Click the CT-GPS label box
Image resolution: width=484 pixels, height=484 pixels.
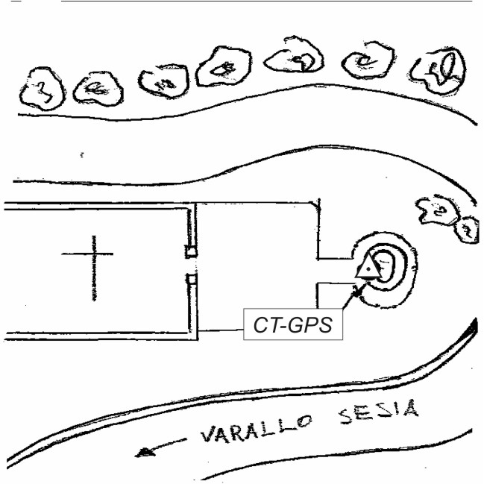292,325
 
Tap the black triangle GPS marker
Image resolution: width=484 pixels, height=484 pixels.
367,268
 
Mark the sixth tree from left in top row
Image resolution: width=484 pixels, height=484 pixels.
367,62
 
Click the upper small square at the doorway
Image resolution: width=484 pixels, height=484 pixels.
192,251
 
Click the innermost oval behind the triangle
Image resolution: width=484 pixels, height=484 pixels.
384,263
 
